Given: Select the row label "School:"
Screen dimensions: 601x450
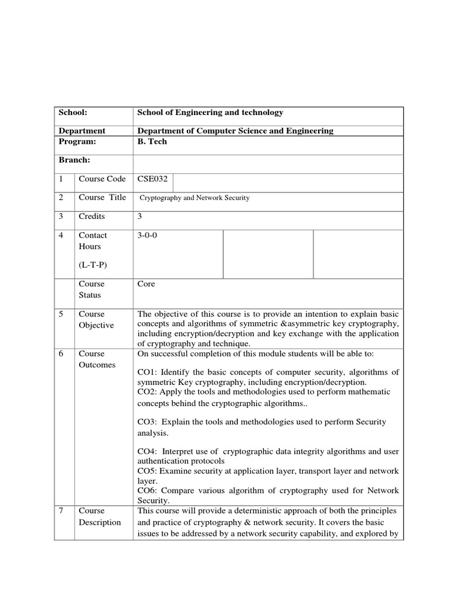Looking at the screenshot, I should [x=72, y=112].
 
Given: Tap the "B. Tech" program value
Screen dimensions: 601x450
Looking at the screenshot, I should [x=152, y=141].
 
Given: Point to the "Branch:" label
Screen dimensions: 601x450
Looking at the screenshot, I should [x=74, y=160].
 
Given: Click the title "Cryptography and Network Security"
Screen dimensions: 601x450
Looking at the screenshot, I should [x=195, y=198].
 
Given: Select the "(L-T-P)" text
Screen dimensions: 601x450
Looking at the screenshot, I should [x=93, y=265].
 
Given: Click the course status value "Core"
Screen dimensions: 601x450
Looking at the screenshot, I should [x=146, y=284].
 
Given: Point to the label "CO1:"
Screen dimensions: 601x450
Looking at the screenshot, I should [x=148, y=372].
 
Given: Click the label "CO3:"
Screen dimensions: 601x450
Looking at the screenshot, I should [x=148, y=422].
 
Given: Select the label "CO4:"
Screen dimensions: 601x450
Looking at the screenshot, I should [x=148, y=451].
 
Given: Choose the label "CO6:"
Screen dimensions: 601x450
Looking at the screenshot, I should [x=147, y=491].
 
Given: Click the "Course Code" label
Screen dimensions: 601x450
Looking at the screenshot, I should [x=102, y=179].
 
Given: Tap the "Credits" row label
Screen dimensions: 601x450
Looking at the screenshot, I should [x=92, y=217].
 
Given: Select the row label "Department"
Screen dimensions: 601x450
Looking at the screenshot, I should [x=81, y=131].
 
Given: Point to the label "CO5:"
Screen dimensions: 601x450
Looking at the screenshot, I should [x=147, y=471].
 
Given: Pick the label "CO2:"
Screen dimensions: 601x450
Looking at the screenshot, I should [x=147, y=391].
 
